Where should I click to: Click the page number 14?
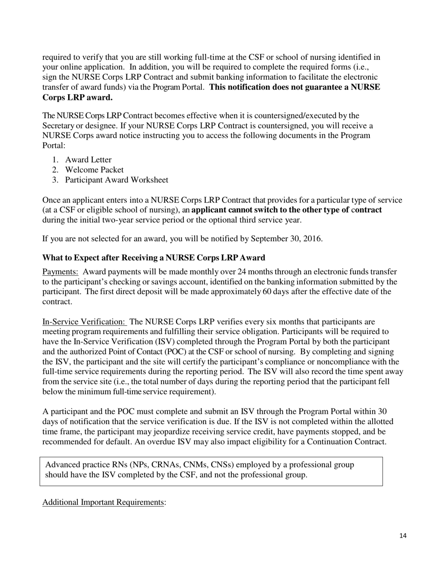pos(403,536)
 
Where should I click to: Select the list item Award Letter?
pos(88,160)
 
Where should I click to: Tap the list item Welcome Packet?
pos(94,170)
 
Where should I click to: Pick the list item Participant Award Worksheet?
pos(117,180)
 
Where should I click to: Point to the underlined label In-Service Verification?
pos(84,322)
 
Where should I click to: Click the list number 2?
pos(55,170)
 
